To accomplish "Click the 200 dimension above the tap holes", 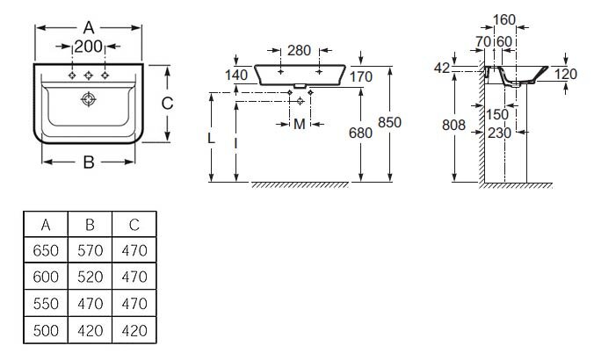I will pos(88,46).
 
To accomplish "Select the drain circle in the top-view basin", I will pos(86,102).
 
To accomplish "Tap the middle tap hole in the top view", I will pos(88,76).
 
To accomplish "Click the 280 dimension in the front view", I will pos(301,50).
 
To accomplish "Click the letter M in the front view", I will pos(301,124).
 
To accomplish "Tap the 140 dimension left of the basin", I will pos(236,76).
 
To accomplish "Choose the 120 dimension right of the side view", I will pos(566,75).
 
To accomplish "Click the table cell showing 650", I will pos(46,251).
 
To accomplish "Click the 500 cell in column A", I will pos(46,331).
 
